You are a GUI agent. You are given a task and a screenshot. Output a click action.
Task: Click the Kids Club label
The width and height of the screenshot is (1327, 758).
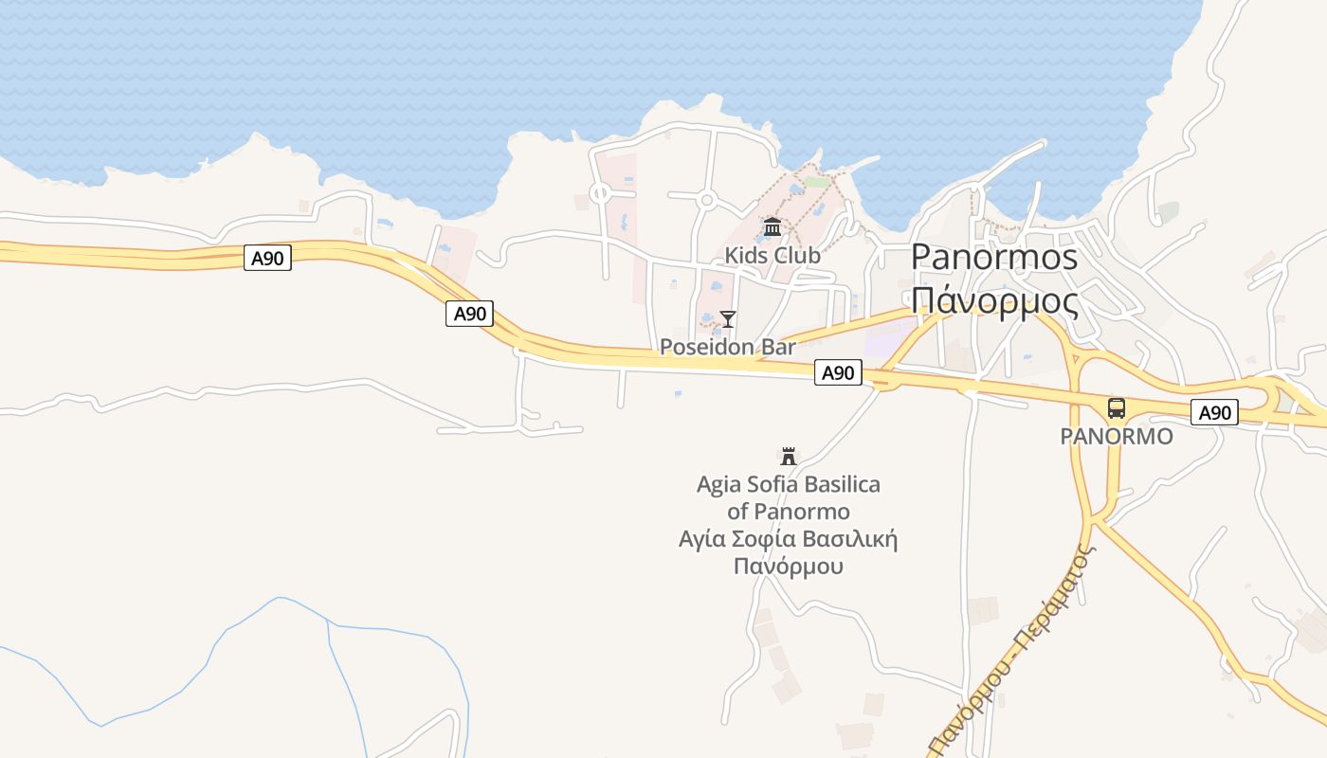(x=773, y=255)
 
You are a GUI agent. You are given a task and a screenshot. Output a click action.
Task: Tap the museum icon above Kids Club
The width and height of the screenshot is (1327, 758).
(x=773, y=227)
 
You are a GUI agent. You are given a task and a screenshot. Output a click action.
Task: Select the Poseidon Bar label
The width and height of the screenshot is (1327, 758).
(x=727, y=347)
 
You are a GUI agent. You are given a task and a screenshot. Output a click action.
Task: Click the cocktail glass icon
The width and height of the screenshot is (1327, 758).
(x=728, y=318)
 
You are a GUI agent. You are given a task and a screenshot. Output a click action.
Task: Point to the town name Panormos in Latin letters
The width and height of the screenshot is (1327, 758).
(x=994, y=257)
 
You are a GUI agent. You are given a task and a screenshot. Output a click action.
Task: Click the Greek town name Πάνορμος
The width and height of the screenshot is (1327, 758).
(x=994, y=300)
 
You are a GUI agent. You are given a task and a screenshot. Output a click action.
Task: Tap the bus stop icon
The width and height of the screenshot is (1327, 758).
(x=1117, y=408)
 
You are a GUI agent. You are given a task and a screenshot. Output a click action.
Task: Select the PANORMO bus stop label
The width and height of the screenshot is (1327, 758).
(x=1116, y=437)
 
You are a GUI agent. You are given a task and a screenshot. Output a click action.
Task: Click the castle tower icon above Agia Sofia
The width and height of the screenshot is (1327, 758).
(x=789, y=457)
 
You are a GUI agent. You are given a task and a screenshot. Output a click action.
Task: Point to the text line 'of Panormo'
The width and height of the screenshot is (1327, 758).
(x=789, y=512)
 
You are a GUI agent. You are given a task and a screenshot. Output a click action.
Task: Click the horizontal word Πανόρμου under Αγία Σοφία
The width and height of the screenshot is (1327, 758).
(x=789, y=567)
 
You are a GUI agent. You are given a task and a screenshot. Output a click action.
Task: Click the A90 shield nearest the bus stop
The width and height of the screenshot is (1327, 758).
(x=1214, y=412)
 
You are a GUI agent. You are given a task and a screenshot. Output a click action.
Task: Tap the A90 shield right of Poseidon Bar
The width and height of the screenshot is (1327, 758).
(x=838, y=372)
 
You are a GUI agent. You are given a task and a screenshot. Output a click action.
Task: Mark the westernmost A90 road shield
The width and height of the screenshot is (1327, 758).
(x=267, y=258)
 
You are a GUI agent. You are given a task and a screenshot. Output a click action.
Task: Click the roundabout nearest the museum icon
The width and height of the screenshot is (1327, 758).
(x=705, y=200)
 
